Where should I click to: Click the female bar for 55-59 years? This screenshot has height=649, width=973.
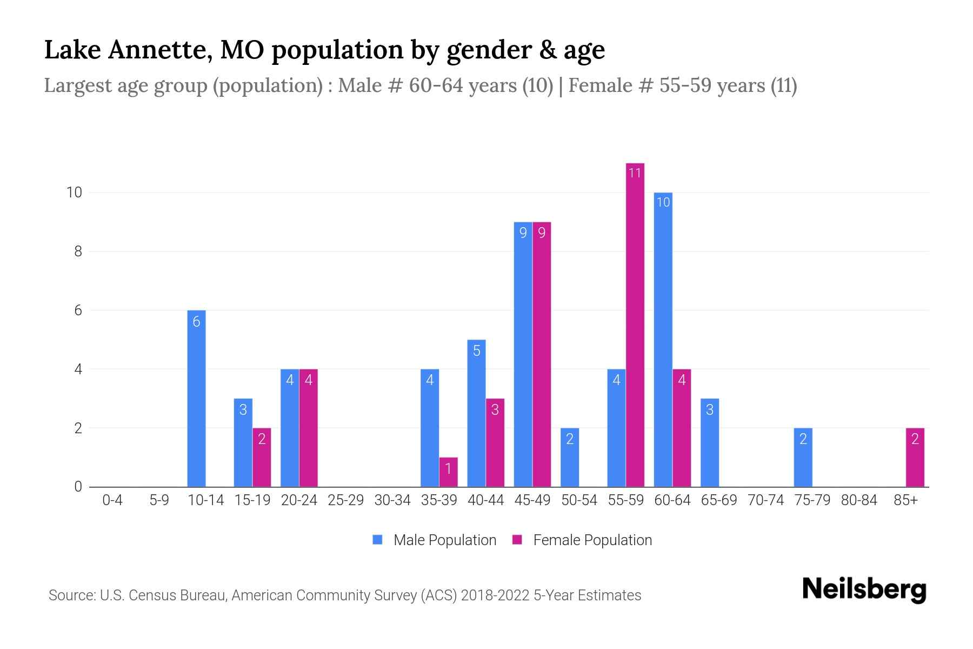coord(635,325)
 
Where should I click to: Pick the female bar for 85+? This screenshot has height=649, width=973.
coord(915,458)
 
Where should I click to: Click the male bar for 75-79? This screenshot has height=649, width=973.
coord(803,458)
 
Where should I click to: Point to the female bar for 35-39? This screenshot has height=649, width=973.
coord(448,472)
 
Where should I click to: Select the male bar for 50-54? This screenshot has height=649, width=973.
coord(570,458)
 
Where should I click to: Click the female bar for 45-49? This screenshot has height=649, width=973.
coord(542,354)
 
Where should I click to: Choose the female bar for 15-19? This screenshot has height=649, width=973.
coord(262,458)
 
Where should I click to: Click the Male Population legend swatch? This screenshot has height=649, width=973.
coord(377,540)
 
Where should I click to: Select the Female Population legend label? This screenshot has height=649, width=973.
coord(592,540)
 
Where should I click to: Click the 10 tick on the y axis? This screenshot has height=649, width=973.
coord(74,193)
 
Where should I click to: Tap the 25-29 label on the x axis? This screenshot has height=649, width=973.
coord(345,500)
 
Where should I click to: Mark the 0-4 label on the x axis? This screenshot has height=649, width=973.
coord(112,500)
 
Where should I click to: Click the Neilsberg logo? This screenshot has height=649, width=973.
coord(864,590)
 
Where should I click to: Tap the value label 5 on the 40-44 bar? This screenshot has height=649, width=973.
coord(476,351)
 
